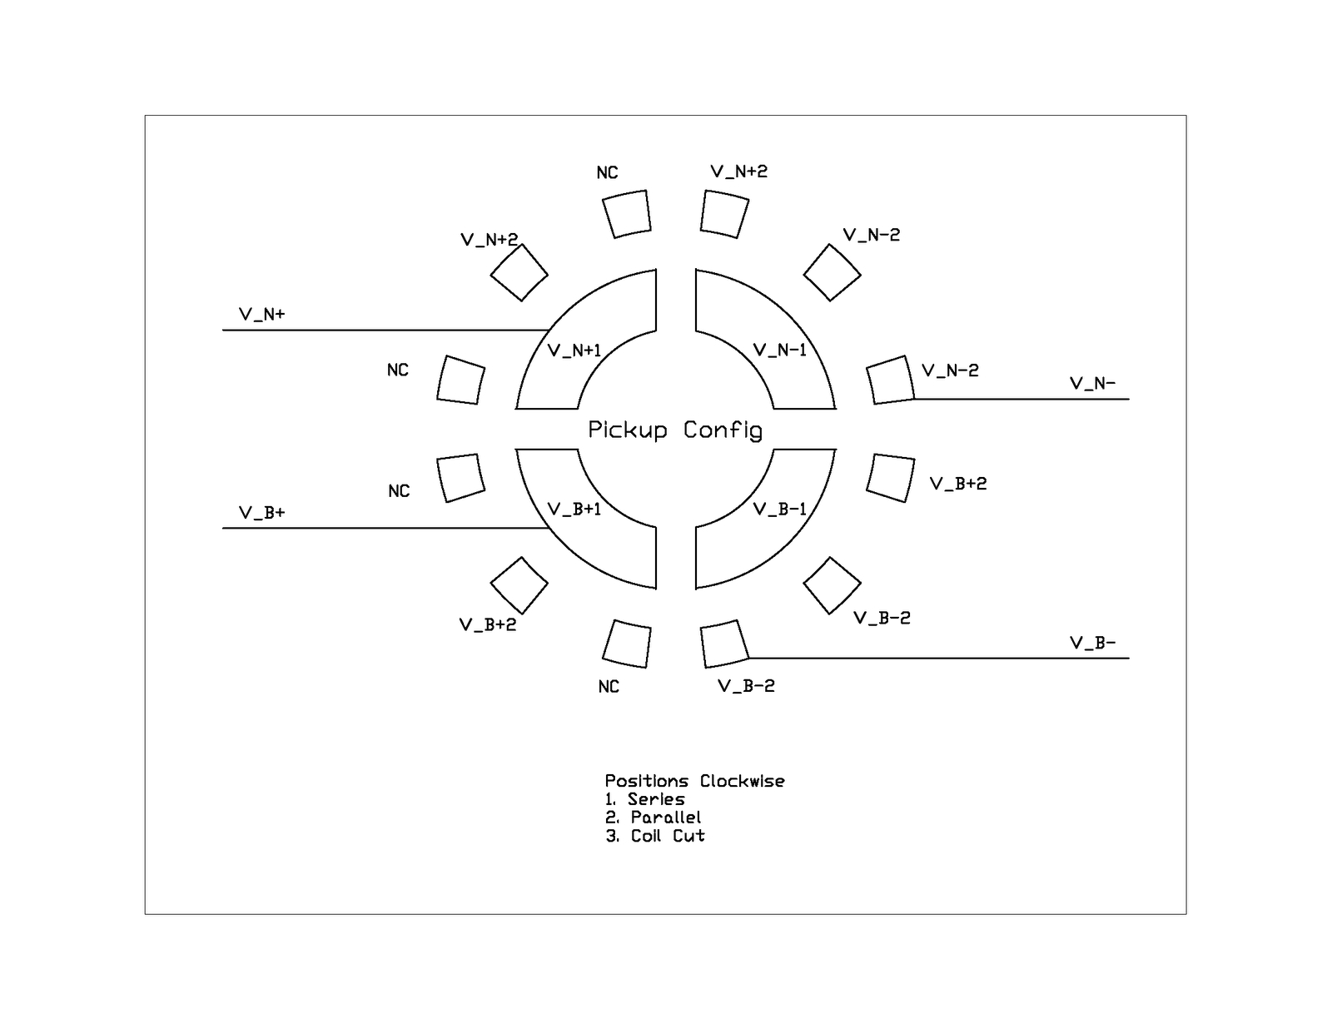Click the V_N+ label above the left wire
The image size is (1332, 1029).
click(261, 315)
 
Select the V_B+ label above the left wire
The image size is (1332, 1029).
click(261, 513)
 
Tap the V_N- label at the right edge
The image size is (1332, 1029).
click(1092, 384)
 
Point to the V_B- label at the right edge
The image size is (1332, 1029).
click(1092, 644)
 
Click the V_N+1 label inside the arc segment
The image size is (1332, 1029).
click(574, 350)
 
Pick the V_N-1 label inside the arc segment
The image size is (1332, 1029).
click(780, 350)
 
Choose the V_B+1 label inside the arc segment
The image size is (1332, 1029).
click(574, 510)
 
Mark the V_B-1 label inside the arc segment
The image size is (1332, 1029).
click(780, 510)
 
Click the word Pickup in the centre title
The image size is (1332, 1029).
click(628, 430)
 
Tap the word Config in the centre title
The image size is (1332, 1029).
click(723, 430)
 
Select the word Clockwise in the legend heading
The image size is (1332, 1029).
click(742, 782)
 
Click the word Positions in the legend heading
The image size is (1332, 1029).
click(647, 782)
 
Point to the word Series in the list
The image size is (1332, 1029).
click(656, 800)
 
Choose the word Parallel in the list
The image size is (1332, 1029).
click(666, 818)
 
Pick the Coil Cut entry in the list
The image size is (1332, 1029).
click(668, 837)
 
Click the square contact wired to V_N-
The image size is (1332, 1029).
click(890, 380)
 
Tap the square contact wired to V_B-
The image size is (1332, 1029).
click(724, 644)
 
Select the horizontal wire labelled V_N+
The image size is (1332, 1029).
click(383, 331)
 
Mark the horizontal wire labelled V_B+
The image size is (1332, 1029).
click(383, 528)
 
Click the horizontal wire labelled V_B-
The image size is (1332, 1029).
click(941, 659)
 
